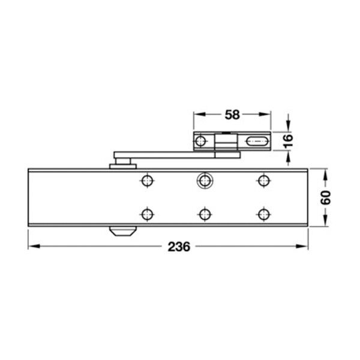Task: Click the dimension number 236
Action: click(179, 247)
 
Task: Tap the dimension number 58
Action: click(232, 115)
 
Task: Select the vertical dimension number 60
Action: click(326, 197)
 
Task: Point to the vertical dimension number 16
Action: click(288, 140)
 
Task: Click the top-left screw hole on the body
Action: click(147, 181)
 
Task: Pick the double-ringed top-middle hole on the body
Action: click(205, 181)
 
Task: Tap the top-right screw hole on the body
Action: click(263, 181)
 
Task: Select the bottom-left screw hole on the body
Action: click(147, 214)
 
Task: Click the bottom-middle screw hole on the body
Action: click(205, 214)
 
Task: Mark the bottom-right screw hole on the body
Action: click(263, 214)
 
